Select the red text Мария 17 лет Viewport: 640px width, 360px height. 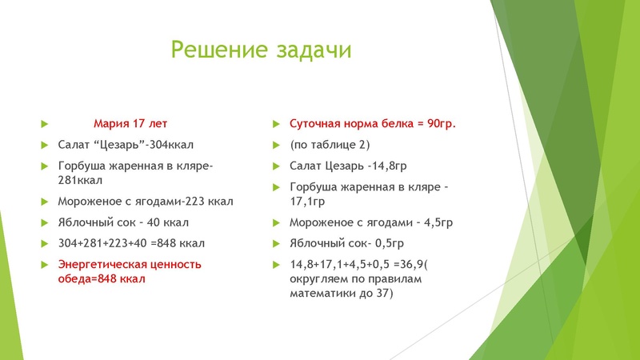coord(130,124)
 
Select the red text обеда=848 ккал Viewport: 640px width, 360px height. coord(102,278)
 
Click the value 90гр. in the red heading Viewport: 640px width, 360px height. coord(440,124)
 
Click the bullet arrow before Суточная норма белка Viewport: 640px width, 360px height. coord(274,124)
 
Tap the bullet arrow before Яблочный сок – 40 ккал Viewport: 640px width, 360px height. coord(45,222)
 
